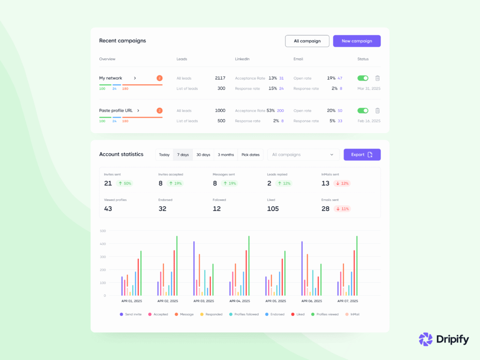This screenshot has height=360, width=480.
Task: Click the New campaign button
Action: click(x=357, y=41)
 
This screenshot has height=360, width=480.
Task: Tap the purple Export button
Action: click(x=362, y=155)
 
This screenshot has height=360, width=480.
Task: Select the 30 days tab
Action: click(x=203, y=155)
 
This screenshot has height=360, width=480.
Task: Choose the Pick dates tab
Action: click(x=250, y=155)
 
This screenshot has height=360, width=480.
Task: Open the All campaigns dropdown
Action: click(x=303, y=155)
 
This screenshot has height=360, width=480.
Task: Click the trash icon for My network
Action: click(x=377, y=78)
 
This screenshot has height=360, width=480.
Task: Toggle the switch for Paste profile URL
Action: click(x=363, y=111)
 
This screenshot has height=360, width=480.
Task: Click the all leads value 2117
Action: click(x=220, y=78)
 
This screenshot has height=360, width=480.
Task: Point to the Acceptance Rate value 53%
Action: click(x=270, y=111)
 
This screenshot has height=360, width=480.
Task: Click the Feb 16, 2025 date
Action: click(x=369, y=121)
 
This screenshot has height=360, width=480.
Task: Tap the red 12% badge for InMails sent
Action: click(x=342, y=183)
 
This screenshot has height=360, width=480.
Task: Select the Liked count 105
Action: click(x=273, y=209)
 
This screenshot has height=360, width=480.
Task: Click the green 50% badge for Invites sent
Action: click(x=124, y=183)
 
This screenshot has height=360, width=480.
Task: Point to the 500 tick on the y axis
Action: click(x=103, y=231)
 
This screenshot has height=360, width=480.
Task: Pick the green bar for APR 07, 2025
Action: click(x=357, y=265)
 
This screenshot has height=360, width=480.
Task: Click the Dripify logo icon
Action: click(x=425, y=339)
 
